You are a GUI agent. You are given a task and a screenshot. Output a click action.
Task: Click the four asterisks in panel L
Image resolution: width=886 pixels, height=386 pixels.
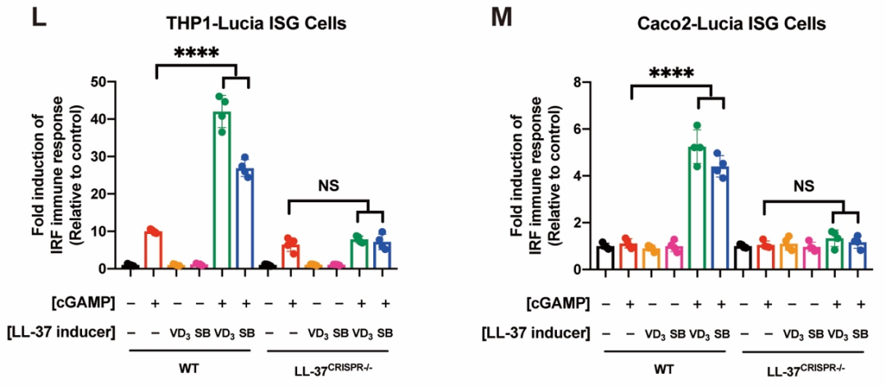tap(196, 55)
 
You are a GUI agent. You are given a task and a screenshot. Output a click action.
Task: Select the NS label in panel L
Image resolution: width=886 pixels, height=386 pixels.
tap(327, 186)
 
